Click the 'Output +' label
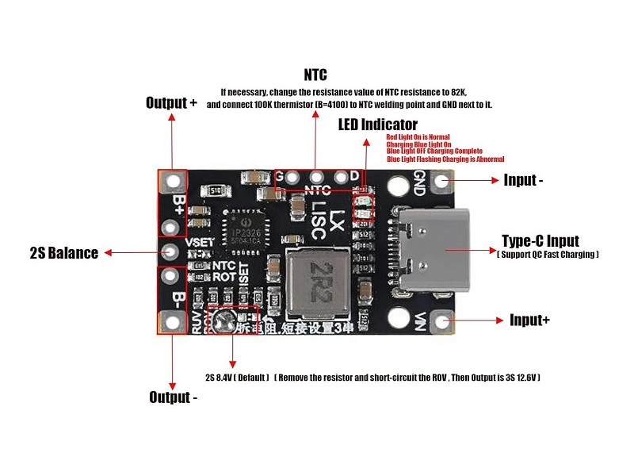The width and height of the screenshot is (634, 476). click(x=171, y=103)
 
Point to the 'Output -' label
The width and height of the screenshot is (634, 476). click(x=173, y=397)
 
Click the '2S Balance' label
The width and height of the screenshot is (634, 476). click(x=63, y=253)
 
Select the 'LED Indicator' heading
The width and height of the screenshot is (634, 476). click(x=377, y=125)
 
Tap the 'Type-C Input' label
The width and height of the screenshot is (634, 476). click(x=540, y=240)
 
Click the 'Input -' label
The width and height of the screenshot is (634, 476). click(x=523, y=180)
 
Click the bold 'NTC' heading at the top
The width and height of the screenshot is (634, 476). click(x=315, y=76)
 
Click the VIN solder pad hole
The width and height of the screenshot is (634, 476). click(x=441, y=321)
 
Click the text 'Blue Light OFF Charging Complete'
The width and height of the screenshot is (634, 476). click(x=434, y=151)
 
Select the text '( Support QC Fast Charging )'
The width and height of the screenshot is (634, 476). click(x=547, y=255)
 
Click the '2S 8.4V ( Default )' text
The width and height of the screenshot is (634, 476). click(x=237, y=377)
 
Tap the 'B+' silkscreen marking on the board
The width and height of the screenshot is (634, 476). click(x=180, y=205)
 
